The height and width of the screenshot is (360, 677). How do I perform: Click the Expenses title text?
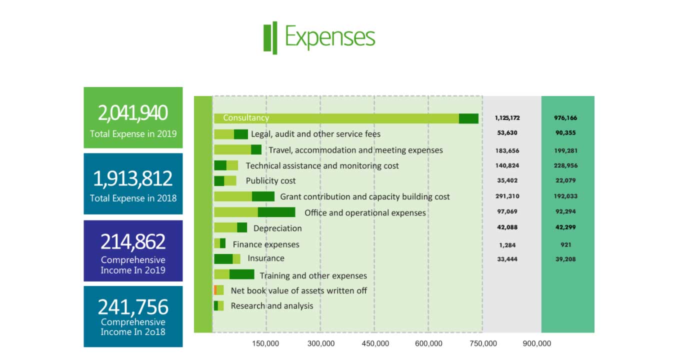(329, 37)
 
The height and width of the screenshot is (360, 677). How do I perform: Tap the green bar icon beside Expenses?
(270, 38)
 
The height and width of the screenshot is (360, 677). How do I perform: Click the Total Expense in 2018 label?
(133, 198)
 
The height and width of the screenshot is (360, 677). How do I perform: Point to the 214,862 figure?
(133, 241)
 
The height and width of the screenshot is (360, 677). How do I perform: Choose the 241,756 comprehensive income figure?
(133, 307)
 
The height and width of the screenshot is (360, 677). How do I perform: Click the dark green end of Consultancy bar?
(468, 118)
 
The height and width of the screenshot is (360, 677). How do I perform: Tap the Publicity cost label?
(270, 181)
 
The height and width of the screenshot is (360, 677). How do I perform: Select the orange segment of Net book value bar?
(215, 290)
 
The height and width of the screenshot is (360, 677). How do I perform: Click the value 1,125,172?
(507, 118)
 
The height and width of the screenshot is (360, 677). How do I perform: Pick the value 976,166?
(565, 118)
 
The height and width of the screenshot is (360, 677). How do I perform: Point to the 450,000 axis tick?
(375, 343)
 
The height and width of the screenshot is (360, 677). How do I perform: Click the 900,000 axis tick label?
(537, 343)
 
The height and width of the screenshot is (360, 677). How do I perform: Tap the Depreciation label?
(277, 228)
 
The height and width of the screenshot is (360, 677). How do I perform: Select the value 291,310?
(507, 196)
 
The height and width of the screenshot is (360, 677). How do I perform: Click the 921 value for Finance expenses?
(566, 244)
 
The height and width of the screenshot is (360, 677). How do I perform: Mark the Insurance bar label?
(266, 258)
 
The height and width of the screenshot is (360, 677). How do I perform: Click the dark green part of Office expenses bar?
(276, 212)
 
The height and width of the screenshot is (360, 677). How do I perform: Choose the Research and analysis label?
(272, 306)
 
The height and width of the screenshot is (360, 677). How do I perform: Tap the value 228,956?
(565, 165)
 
